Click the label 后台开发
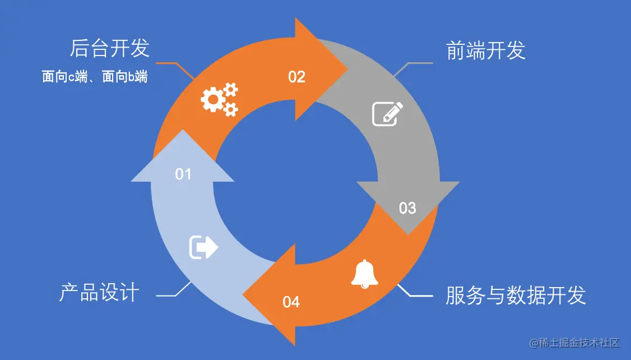click(x=110, y=49)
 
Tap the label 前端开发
click(x=486, y=51)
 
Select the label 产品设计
click(x=99, y=293)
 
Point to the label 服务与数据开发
click(x=516, y=295)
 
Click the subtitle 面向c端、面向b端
click(x=95, y=77)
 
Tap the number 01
click(x=183, y=174)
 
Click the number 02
click(x=296, y=77)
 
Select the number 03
click(x=407, y=208)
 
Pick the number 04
click(x=291, y=303)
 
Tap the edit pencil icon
click(x=388, y=113)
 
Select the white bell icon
click(x=364, y=274)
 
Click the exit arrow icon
click(x=203, y=247)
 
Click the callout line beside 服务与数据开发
click(x=415, y=295)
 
